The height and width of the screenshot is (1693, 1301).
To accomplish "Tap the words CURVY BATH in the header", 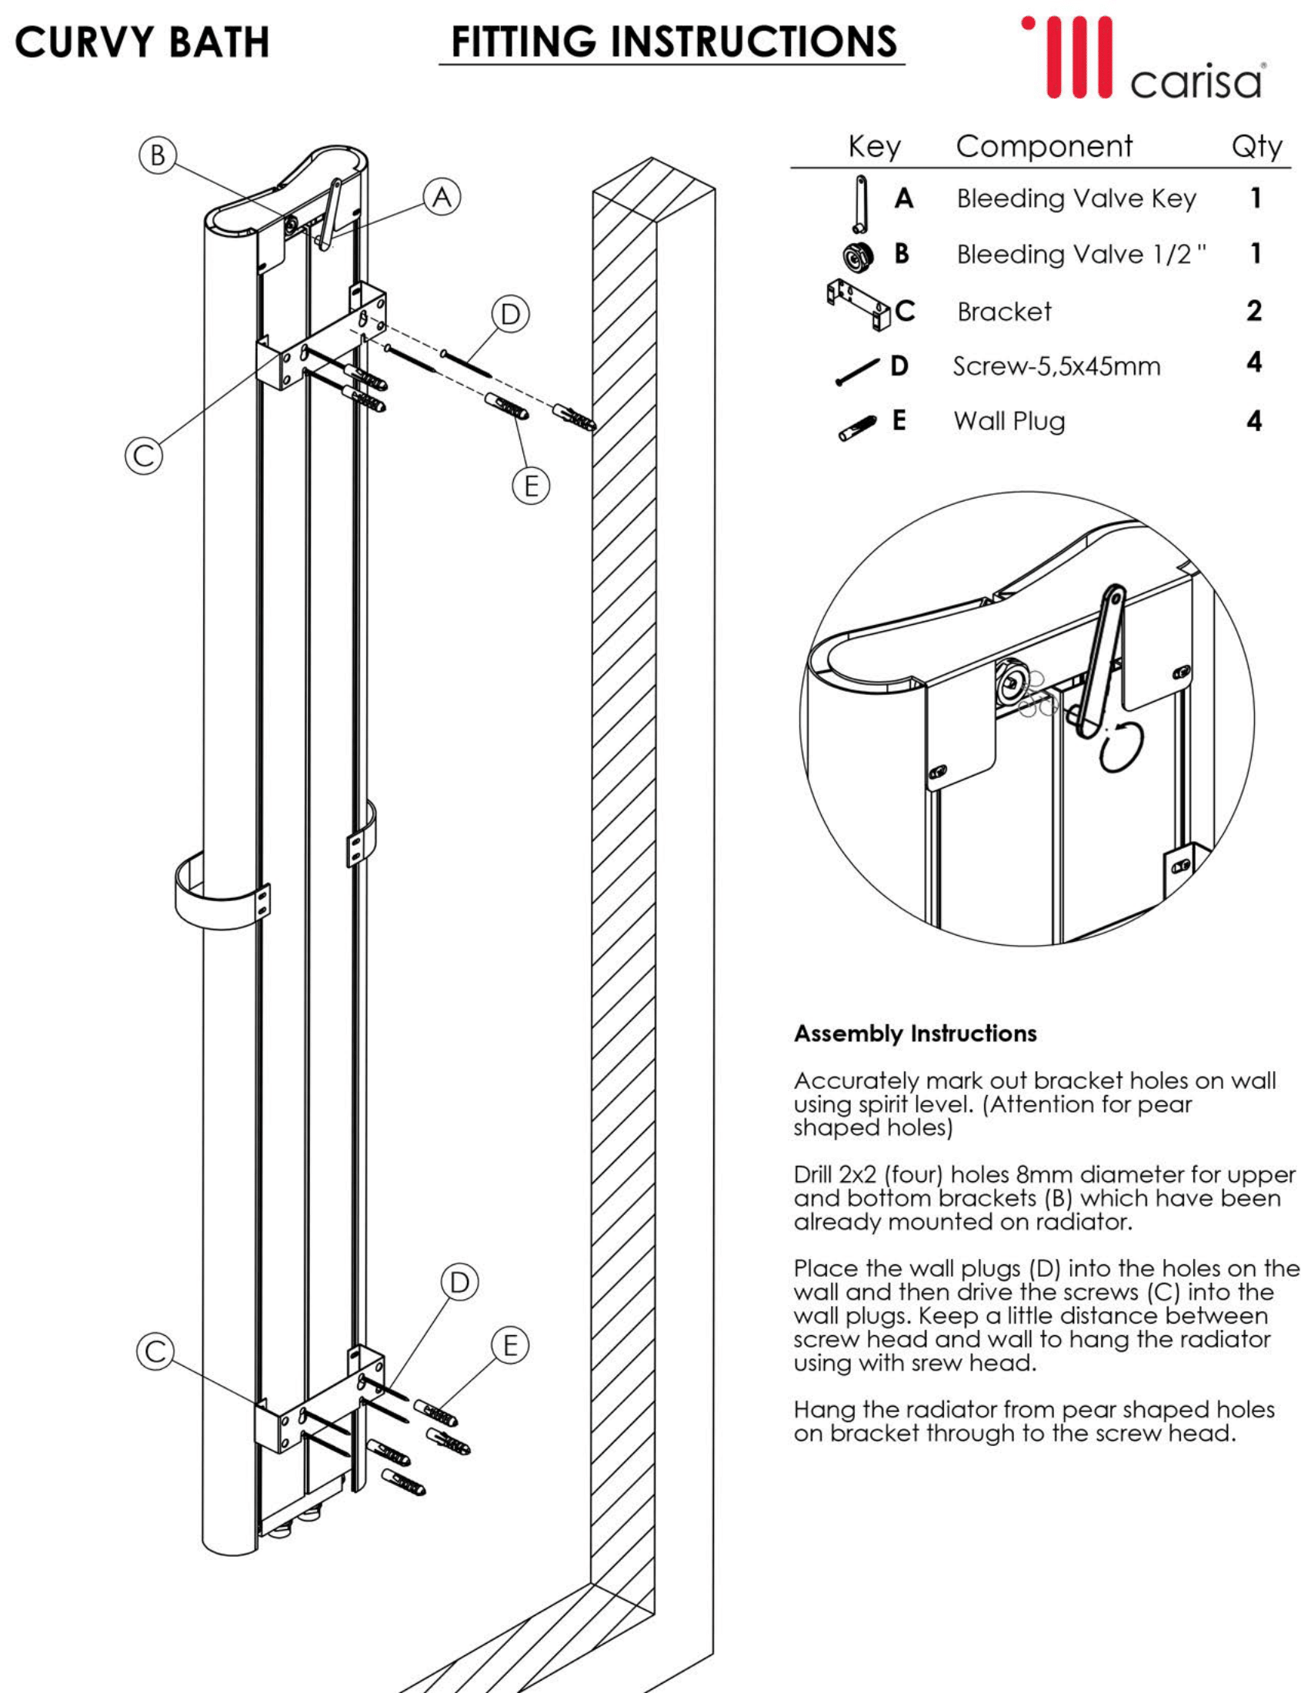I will [x=142, y=42].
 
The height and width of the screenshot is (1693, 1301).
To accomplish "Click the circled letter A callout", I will [x=442, y=198].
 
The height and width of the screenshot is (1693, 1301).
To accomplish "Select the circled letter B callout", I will [x=157, y=155].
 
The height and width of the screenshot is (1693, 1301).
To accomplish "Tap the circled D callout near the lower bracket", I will [x=460, y=1283].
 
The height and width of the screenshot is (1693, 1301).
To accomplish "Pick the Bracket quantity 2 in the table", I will [x=1254, y=311].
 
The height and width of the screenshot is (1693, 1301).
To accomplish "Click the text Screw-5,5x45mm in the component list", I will [x=1056, y=366].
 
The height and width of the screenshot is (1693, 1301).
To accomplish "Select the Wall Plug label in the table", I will [x=1009, y=421].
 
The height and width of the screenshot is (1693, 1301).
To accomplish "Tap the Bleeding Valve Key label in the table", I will [x=1076, y=199].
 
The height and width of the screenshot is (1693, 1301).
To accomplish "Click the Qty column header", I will [x=1256, y=146].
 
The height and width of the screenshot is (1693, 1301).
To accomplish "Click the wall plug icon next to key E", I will [x=857, y=428].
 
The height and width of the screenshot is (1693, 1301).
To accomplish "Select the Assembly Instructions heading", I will [x=916, y=1034].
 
